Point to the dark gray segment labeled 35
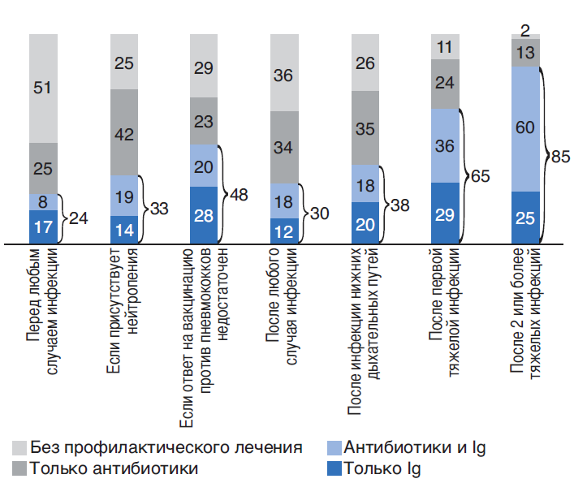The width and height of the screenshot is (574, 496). point(365,128)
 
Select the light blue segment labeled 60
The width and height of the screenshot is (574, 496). point(525,128)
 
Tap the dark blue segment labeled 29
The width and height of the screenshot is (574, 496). point(446,213)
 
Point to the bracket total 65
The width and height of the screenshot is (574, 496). point(481,175)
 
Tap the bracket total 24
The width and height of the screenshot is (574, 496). point(79,218)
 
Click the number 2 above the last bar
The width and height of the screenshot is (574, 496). point(525,31)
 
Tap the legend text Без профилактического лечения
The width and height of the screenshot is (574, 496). point(166,447)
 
